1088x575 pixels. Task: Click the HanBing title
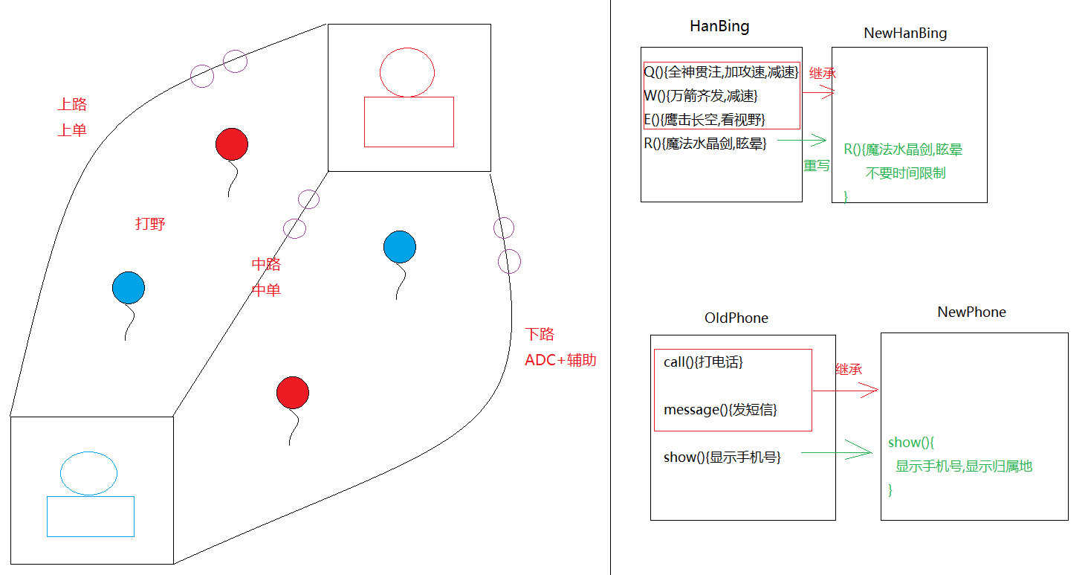pyautogui.click(x=719, y=27)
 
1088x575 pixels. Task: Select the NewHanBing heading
pyautogui.click(x=905, y=33)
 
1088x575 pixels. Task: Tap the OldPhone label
pyautogui.click(x=736, y=318)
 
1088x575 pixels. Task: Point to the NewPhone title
pyautogui.click(x=971, y=312)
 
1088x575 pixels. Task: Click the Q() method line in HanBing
pyautogui.click(x=721, y=72)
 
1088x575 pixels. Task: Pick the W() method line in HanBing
pyautogui.click(x=701, y=96)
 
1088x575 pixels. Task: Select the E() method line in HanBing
pyautogui.click(x=705, y=120)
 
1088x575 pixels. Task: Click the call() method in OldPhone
pyautogui.click(x=703, y=362)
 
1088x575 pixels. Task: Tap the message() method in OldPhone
pyautogui.click(x=720, y=409)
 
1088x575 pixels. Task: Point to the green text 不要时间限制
pyautogui.click(x=905, y=173)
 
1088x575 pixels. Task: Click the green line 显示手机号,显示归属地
pyautogui.click(x=964, y=466)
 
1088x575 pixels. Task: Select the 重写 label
pyautogui.click(x=816, y=165)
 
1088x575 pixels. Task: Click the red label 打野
pyautogui.click(x=150, y=224)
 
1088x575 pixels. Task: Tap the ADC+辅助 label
pyautogui.click(x=560, y=361)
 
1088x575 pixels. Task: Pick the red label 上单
pyautogui.click(x=72, y=130)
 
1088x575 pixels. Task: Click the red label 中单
pyautogui.click(x=266, y=290)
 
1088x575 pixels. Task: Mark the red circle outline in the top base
pyautogui.click(x=407, y=72)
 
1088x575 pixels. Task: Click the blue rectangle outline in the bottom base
pyautogui.click(x=91, y=516)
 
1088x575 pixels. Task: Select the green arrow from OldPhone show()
pyautogui.click(x=836, y=451)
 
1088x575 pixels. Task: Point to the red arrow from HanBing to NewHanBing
pyautogui.click(x=818, y=93)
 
